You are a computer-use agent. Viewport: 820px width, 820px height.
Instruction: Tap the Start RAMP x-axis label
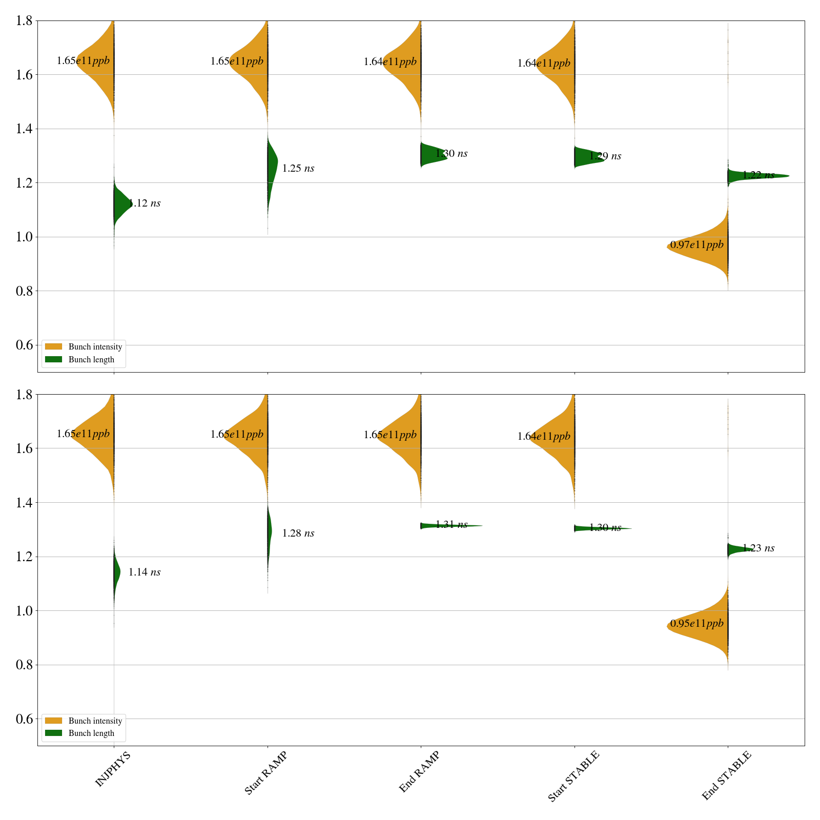pyautogui.click(x=265, y=773)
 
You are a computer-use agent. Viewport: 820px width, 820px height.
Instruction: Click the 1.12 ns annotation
pyautogui.click(x=145, y=203)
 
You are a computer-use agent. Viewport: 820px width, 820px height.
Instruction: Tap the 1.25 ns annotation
pyautogui.click(x=298, y=169)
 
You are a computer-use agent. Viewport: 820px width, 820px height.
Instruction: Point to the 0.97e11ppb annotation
pyautogui.click(x=697, y=245)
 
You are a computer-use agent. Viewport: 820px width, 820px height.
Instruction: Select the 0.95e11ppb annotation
pyautogui.click(x=697, y=624)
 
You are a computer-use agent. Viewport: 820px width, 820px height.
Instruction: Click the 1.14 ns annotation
pyautogui.click(x=145, y=572)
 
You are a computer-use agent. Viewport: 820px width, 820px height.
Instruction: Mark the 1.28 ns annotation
pyautogui.click(x=298, y=534)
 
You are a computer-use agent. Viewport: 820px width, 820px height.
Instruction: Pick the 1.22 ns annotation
pyautogui.click(x=758, y=175)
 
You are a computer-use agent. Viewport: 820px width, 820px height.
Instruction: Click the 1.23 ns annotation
pyautogui.click(x=758, y=548)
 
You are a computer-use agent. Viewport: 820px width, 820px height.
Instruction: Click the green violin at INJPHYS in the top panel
pyautogui.click(x=121, y=204)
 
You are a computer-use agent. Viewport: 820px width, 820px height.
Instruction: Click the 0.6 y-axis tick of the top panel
pyautogui.click(x=26, y=345)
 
